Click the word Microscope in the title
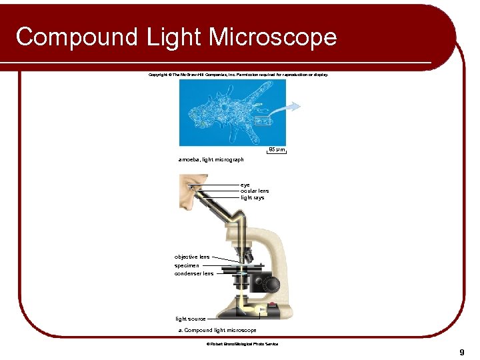pos(273,37)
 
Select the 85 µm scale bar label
pos(277,149)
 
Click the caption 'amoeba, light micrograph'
pos(211,160)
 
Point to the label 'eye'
pos(245,185)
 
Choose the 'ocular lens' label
pos(255,191)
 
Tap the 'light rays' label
pos(253,198)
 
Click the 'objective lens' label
pos(192,257)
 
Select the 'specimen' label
pos(187,265)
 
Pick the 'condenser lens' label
pos(194,273)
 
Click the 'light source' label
pos(191,319)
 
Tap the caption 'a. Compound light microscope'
pos(217,331)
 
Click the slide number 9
pos(461,352)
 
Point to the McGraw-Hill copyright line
pos(238,75)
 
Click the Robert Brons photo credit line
pos(242,344)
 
